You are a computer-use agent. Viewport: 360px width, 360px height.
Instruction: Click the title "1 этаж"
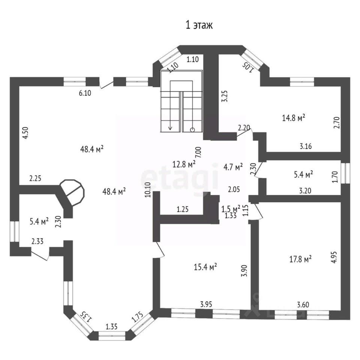click(199, 25)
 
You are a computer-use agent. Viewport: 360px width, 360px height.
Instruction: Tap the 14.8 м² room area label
click(293, 118)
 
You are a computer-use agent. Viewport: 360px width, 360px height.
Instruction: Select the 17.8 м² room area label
click(300, 259)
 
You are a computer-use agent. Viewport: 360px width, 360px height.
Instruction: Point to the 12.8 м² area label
click(184, 164)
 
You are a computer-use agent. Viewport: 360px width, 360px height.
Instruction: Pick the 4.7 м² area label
click(233, 167)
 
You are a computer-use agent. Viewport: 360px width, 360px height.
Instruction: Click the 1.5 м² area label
click(231, 209)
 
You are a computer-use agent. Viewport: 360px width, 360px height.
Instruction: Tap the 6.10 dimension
click(85, 93)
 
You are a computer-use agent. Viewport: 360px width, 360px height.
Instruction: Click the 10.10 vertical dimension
click(147, 190)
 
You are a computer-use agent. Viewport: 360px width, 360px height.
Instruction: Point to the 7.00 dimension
click(198, 152)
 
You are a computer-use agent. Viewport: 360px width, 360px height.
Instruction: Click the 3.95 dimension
click(206, 304)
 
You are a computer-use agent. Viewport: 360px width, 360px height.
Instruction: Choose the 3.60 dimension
click(303, 304)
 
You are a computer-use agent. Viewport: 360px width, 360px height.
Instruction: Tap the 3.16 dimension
click(306, 146)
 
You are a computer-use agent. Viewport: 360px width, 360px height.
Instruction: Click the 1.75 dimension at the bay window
click(137, 317)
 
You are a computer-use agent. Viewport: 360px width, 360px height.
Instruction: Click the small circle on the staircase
click(192, 130)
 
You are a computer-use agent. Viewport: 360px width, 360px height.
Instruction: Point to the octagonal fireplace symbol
click(72, 190)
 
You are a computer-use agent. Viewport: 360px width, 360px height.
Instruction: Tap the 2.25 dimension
click(35, 178)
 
